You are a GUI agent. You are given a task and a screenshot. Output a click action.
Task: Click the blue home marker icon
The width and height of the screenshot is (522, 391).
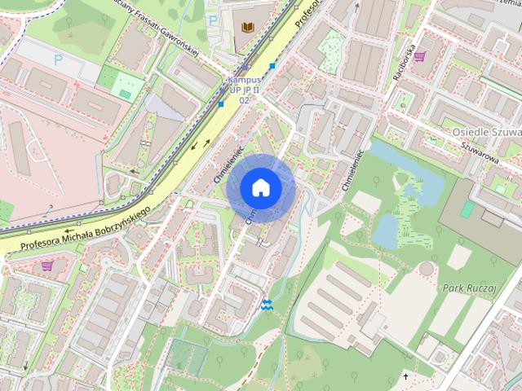(x=260, y=187)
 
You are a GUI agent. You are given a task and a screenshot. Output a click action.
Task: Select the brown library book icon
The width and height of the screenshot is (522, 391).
(x=246, y=26)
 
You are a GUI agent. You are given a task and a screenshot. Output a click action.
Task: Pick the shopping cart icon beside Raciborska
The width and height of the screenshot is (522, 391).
(x=419, y=56)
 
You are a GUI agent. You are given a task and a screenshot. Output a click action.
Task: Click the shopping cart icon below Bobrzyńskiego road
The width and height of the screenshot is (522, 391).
(x=47, y=266)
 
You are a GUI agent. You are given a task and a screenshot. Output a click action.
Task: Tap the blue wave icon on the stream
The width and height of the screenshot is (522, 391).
(x=266, y=305)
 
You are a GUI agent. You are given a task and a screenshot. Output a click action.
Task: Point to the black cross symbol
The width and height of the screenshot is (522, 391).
(x=405, y=376)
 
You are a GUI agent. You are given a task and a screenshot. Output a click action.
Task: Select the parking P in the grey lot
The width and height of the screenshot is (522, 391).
(x=58, y=59)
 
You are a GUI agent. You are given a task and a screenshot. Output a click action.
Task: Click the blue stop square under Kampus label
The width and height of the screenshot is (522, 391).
(x=221, y=103)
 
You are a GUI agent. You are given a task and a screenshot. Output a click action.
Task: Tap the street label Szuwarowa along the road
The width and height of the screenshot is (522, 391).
(x=480, y=152)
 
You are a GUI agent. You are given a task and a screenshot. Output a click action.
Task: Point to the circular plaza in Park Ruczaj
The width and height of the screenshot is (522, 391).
(x=427, y=270)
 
